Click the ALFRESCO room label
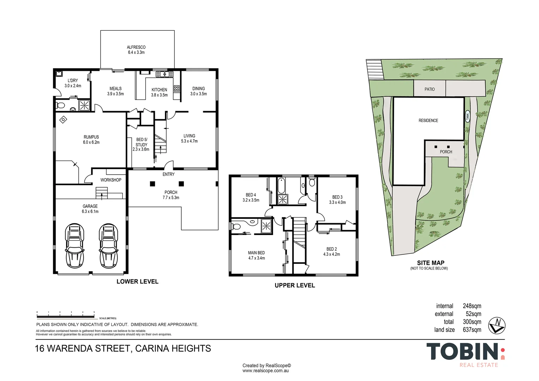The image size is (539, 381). tap(136, 47)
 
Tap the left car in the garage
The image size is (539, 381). tap(74, 246)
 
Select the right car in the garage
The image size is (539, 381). tap(109, 246)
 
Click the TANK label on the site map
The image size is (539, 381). tap(467, 117)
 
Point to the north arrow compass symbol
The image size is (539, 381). tap(497, 325)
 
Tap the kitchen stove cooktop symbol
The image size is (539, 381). tap(177, 88)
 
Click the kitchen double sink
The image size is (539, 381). tap(165, 74)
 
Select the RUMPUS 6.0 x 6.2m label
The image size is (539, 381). tap(91, 140)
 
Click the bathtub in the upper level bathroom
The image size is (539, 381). tap(281, 186)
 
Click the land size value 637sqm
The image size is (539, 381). tap(472, 330)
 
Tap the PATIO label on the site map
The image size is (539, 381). tap(430, 89)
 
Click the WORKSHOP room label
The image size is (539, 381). tap(111, 180)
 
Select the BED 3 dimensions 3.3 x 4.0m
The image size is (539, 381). tap(337, 202)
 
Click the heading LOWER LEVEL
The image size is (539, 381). tap(138, 282)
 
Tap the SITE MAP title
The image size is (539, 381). tap(431, 263)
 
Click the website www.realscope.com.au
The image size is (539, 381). tap(265, 371)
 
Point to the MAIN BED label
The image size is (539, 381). tap(256, 253)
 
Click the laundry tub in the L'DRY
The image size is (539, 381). tap(59, 74)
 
